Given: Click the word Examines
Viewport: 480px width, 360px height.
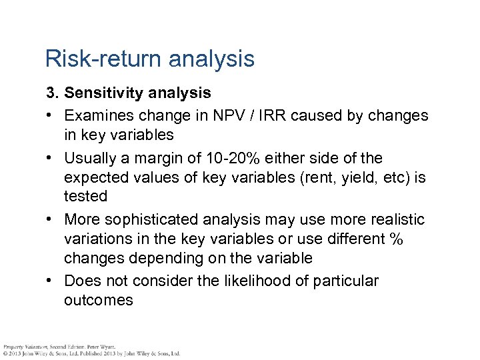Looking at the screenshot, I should pos(100,115).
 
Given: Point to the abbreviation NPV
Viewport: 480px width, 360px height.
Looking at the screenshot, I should pos(237,115).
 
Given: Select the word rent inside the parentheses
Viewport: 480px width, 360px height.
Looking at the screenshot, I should pos(273,177).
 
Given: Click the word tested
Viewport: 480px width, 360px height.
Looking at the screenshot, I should pos(85,196).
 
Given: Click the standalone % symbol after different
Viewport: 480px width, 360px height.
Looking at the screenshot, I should pos(396,239).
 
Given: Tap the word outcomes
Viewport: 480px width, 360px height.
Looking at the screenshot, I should pos(99,300).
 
